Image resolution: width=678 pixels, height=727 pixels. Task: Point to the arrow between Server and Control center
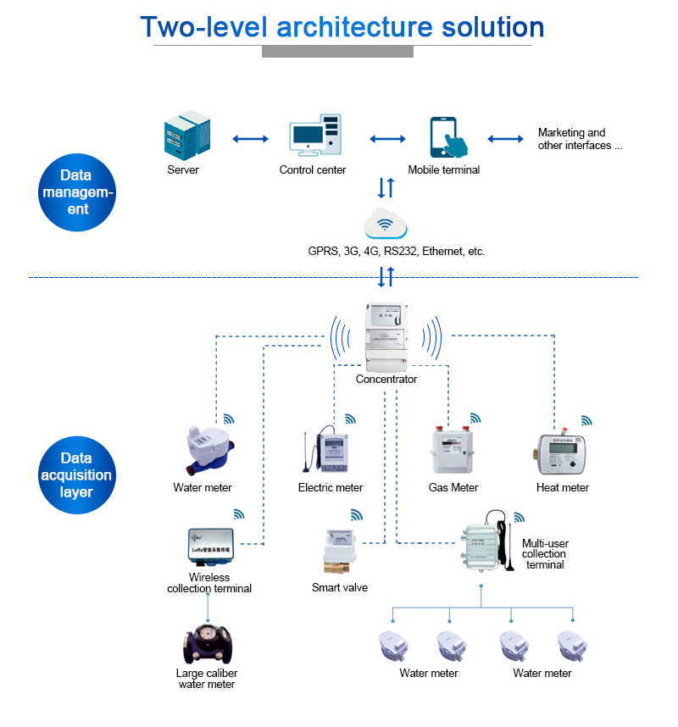pos(250,138)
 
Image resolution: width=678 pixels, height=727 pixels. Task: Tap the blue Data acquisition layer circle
pos(76,475)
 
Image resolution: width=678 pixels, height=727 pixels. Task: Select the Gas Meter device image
pos(453,451)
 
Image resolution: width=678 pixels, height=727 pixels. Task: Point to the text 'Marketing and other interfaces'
pos(580,139)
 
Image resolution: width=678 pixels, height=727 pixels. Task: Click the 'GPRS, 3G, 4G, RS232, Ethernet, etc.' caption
pos(397,252)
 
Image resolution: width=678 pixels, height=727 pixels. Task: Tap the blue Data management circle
pos(76,192)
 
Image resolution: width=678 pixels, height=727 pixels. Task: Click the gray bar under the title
pos(337,52)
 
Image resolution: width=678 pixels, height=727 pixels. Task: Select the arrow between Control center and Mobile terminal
pos(387,138)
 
